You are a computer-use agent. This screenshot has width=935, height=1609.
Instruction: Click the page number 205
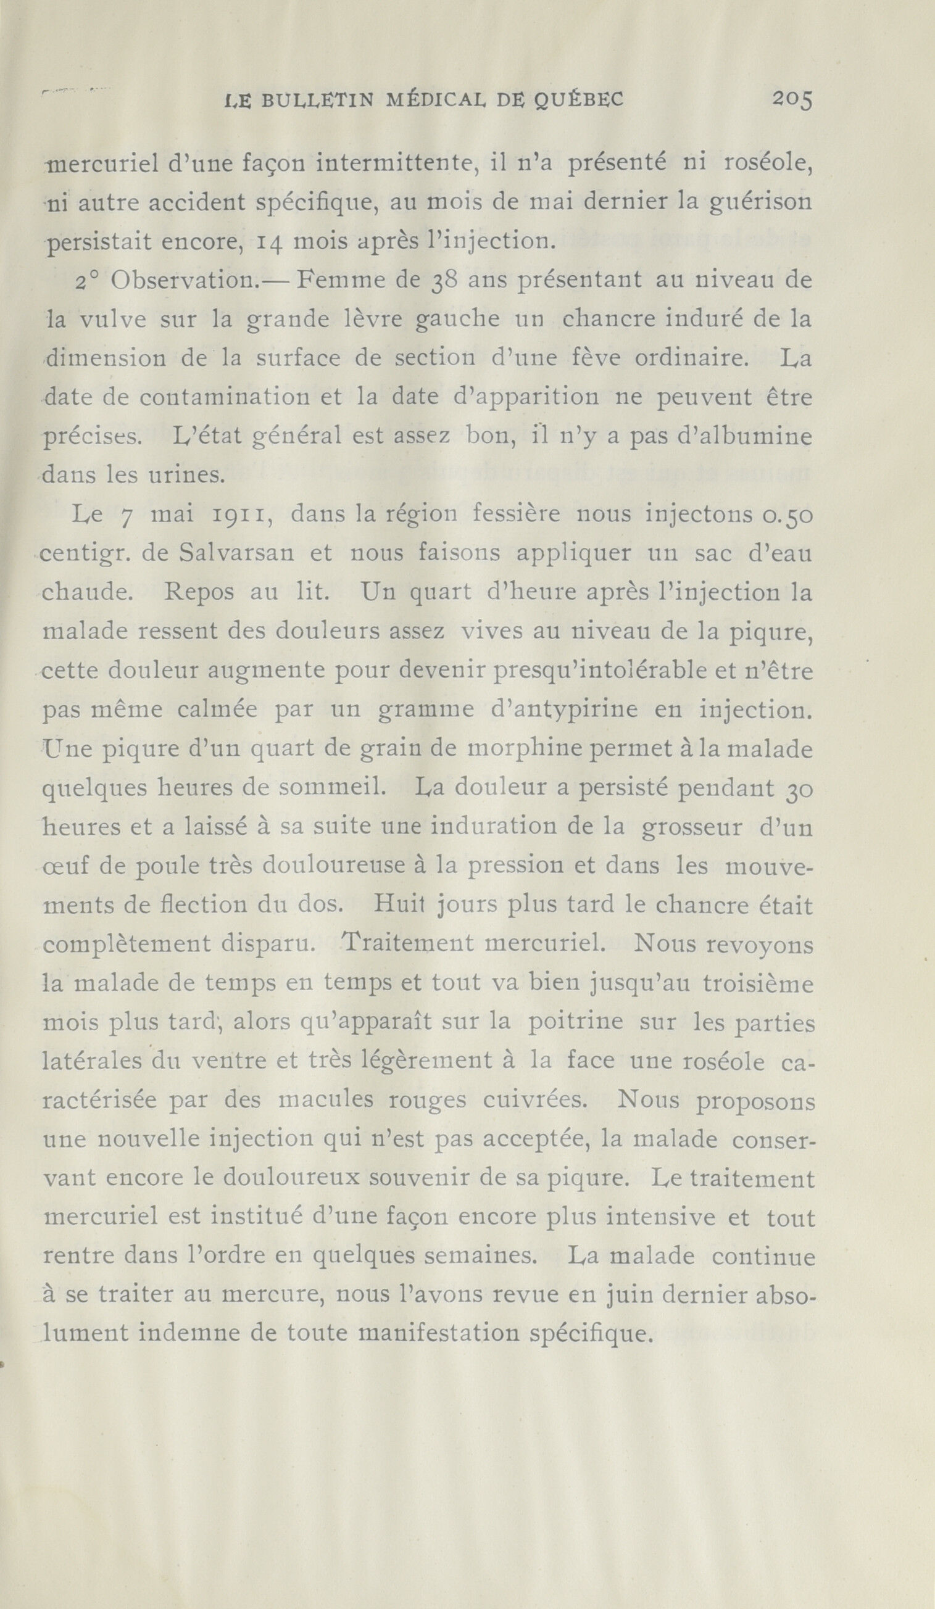point(791,99)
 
